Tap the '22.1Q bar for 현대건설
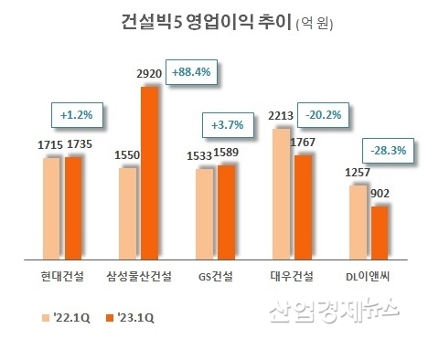pyautogui.click(x=51, y=208)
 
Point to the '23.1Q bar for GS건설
pyautogui.click(x=226, y=211)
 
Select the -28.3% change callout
pyautogui.click(x=389, y=150)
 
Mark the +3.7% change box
pyautogui.click(x=225, y=122)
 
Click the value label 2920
pyautogui.click(x=149, y=72)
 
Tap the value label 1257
pyautogui.click(x=355, y=172)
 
